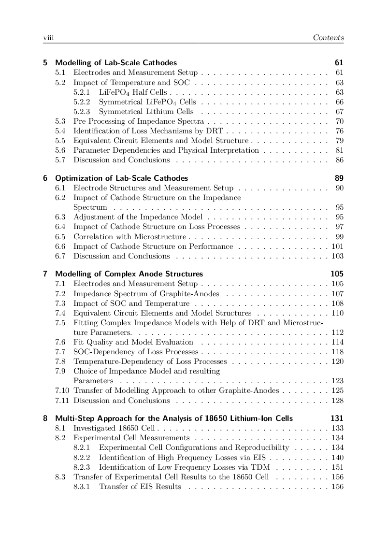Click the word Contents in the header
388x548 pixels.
328,38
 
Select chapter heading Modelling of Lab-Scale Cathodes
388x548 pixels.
116,63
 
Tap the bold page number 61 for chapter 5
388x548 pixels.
339,63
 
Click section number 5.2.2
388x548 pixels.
82,102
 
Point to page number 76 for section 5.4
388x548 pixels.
339,131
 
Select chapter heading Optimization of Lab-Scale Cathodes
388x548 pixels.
121,178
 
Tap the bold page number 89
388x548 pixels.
339,178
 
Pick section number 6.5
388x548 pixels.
60,237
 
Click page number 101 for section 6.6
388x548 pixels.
337,246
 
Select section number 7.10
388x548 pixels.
62,390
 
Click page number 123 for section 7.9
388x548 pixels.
337,381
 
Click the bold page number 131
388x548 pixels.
337,418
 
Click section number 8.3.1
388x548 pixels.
82,486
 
